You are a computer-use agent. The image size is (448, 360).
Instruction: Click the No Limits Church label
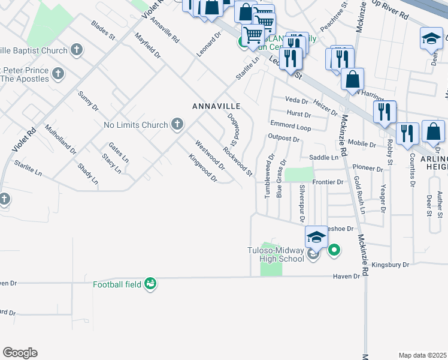135,125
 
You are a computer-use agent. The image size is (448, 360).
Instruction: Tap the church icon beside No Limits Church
177,124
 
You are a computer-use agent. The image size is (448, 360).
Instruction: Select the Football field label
117,284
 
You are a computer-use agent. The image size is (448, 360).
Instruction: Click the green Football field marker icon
150,283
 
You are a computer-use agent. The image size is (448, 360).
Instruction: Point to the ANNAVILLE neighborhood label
216,106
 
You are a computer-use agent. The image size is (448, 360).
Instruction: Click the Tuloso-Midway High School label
276,254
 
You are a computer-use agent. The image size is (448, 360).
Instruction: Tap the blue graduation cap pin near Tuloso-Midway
316,237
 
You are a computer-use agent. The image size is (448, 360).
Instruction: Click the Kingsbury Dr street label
390,264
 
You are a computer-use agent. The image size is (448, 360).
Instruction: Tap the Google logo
20,353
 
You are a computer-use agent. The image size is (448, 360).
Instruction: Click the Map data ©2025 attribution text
422,355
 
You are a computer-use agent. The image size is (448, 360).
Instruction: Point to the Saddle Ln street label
324,157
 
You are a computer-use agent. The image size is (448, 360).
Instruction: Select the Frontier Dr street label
327,182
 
